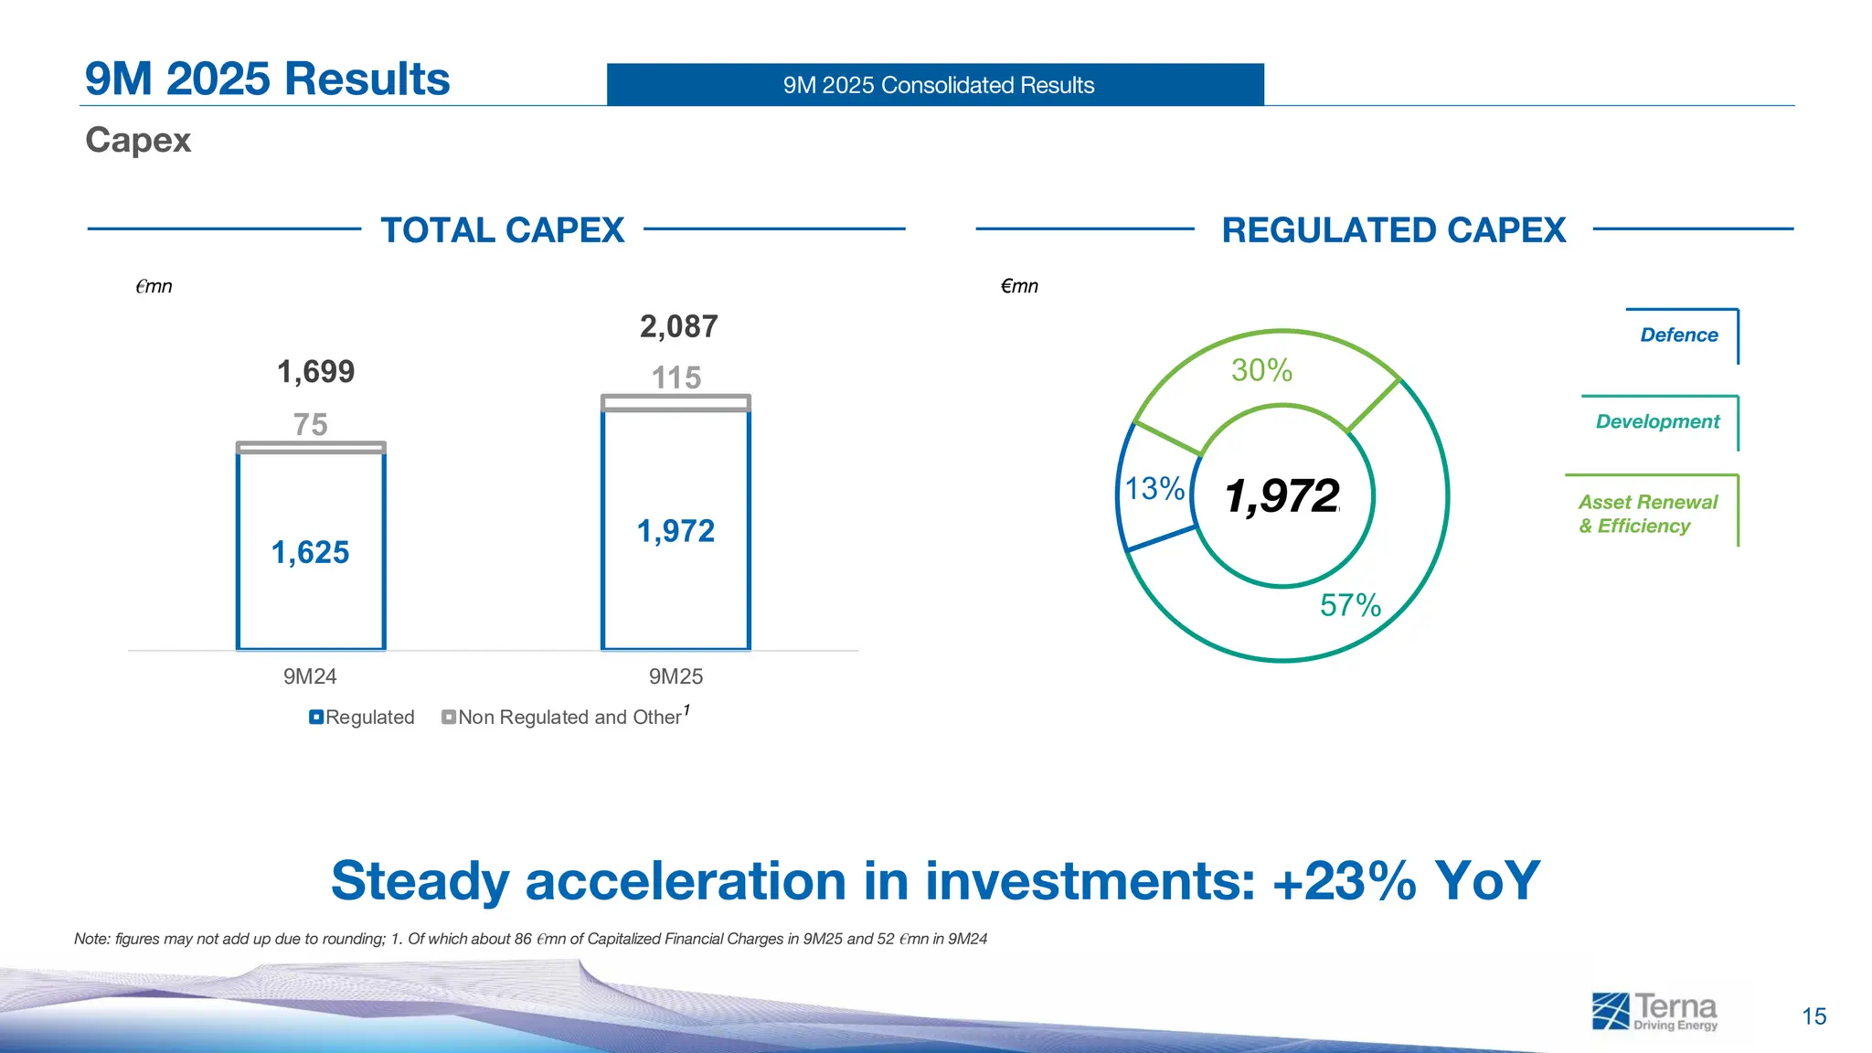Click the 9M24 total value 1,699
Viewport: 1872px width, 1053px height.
point(315,372)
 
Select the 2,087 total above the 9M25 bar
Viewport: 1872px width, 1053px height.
point(678,326)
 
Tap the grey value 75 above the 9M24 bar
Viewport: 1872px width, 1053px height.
point(310,424)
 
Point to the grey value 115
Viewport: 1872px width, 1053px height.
point(675,378)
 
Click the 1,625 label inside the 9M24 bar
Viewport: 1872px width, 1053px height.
point(310,552)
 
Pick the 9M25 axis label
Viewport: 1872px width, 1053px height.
point(675,676)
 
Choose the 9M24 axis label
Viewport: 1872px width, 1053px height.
point(310,676)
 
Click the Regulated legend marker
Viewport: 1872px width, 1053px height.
point(316,718)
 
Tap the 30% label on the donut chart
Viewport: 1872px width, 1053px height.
point(1261,370)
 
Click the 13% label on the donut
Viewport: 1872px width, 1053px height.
point(1154,489)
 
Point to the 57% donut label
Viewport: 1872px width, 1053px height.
point(1350,605)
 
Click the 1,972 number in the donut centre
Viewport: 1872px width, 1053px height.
point(1282,496)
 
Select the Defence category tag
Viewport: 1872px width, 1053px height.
point(1679,335)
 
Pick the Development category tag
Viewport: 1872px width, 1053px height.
point(1657,421)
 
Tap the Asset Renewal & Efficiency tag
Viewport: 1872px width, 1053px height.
point(1647,514)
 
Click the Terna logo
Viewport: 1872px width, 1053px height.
point(1654,1012)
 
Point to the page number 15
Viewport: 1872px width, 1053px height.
point(1813,1016)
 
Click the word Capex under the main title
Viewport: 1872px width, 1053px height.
point(138,140)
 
